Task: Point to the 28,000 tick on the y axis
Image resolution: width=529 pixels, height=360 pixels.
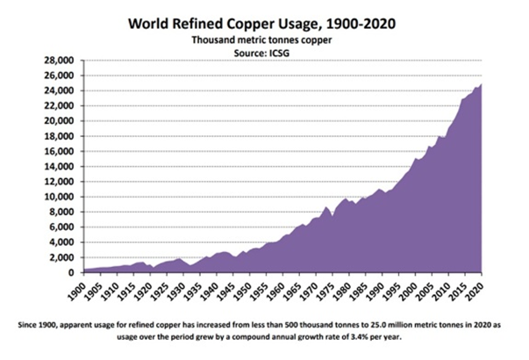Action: pos(61,61)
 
